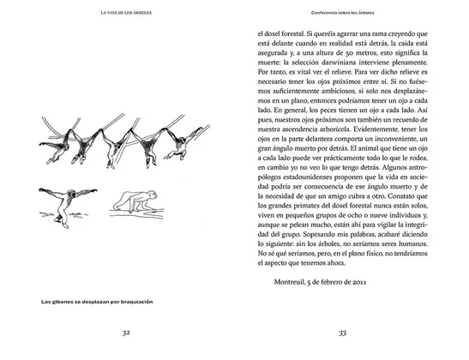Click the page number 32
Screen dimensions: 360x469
(125, 333)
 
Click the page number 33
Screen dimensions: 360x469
(342, 333)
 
